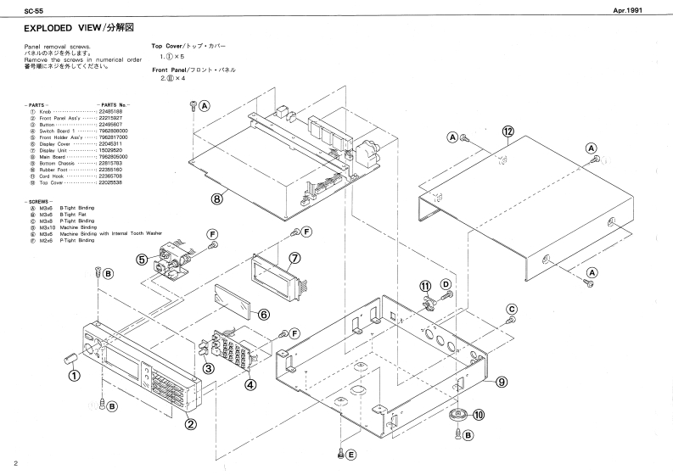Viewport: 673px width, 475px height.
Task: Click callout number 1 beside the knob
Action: pos(74,377)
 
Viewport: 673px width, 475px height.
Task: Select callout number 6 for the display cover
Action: pos(263,314)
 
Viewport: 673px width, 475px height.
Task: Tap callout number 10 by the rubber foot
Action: pos(480,415)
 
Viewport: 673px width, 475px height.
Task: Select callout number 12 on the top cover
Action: pos(508,131)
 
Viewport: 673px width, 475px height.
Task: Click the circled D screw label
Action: pos(446,282)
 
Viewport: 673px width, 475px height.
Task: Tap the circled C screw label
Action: pos(512,308)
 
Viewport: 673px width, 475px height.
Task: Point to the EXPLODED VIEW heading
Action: pos(69,28)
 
